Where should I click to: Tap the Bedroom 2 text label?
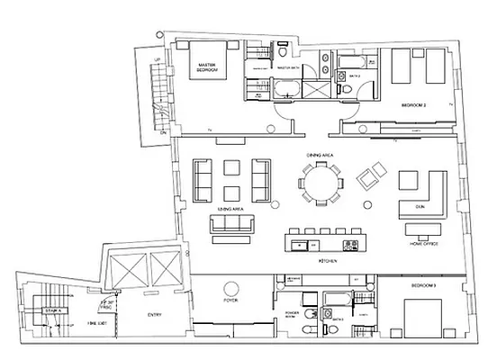coord(413,105)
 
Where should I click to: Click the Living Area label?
coord(231,208)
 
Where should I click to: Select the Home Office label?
coord(422,244)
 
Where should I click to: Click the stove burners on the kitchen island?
coord(351,241)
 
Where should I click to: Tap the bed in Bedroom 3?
coord(423,319)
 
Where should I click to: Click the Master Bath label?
coord(287,67)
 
